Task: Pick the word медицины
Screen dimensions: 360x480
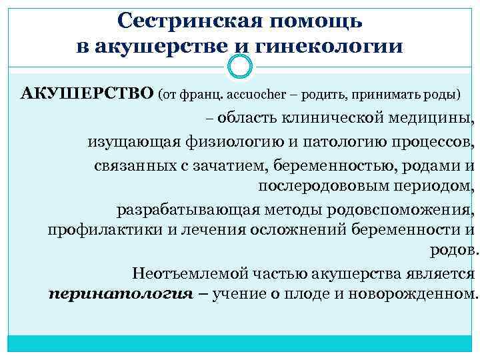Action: pyautogui.click(x=435, y=120)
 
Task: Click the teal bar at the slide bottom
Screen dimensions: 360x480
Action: pyautogui.click(x=240, y=343)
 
